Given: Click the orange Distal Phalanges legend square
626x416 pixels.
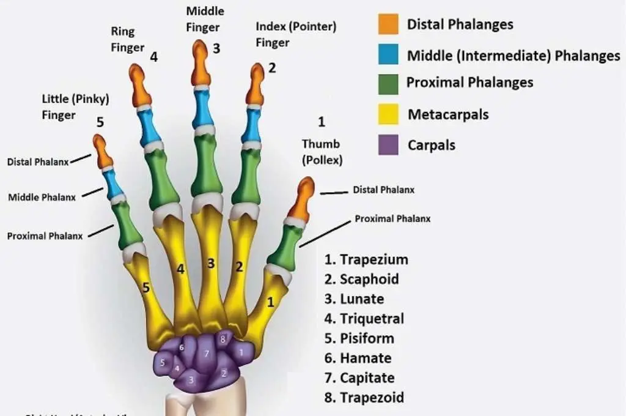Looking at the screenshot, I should point(388,24).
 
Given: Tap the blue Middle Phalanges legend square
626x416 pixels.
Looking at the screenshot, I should point(388,54).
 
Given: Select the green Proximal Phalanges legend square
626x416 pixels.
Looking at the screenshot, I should point(388,84).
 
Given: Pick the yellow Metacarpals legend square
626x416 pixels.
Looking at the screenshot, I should point(388,114).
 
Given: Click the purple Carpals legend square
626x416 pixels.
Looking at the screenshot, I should point(388,144).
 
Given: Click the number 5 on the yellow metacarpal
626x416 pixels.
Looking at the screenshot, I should point(145,287).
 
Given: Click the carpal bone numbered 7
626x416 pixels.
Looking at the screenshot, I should point(207,353).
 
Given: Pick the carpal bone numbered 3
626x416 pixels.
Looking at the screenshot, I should point(191,379).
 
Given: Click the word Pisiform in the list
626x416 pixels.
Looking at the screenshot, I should point(367,338).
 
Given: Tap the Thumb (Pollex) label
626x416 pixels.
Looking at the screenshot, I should point(322,152).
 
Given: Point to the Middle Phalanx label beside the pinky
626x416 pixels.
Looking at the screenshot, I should point(42,197).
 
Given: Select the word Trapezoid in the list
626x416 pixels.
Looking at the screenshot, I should point(372,398).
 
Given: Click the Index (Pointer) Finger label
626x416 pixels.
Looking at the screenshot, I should point(296,34).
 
